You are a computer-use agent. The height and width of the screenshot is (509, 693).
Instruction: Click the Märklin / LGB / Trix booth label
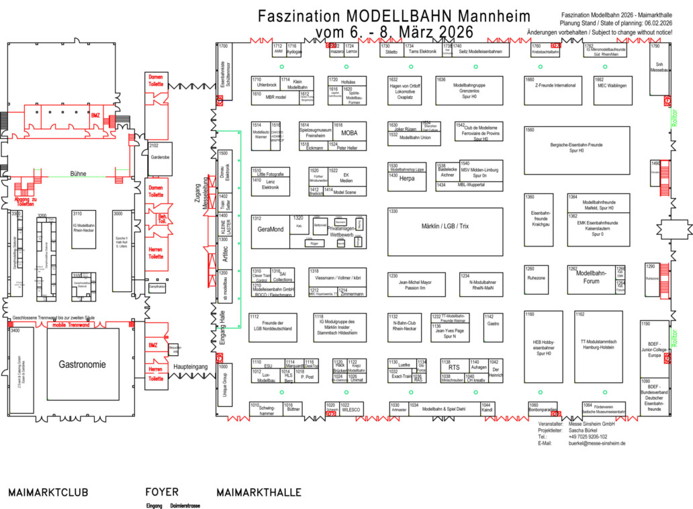coord(445,226)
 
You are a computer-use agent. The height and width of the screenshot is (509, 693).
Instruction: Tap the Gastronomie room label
coord(82,365)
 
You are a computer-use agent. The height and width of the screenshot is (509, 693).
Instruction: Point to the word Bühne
coord(78,173)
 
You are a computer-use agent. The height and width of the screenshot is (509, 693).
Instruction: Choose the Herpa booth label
coord(407,179)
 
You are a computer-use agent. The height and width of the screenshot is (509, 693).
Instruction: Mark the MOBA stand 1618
coord(349,133)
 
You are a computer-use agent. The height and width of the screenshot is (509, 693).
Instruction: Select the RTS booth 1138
coord(455,367)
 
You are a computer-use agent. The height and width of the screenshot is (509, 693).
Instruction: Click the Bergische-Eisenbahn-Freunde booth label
coord(577,148)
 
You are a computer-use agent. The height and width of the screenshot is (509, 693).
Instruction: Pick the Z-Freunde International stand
coord(555,86)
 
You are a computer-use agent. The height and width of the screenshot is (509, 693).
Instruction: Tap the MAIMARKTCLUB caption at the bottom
coord(48,492)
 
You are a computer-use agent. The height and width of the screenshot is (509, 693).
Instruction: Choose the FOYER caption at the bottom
coord(162,492)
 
